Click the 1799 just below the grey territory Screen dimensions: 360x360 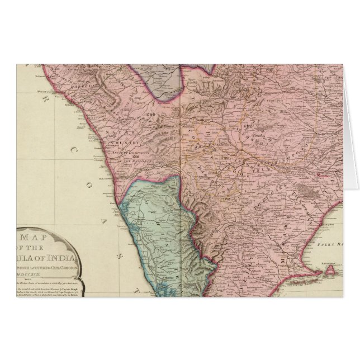click(148, 115)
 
